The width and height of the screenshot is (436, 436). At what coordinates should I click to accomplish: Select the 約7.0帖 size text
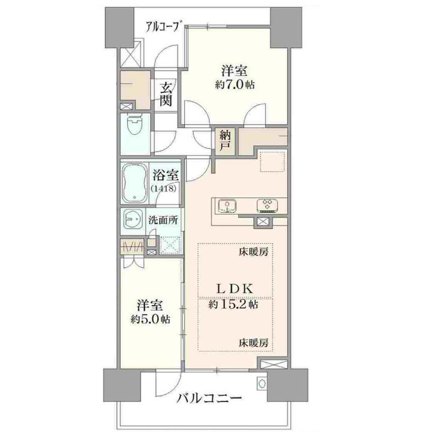[x=235, y=85]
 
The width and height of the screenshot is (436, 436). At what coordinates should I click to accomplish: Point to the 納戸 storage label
[x=225, y=141]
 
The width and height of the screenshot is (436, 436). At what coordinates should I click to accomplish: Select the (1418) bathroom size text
[x=163, y=189]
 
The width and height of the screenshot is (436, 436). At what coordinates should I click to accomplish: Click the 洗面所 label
[x=163, y=220]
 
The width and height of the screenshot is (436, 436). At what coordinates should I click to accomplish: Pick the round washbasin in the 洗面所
[x=132, y=220]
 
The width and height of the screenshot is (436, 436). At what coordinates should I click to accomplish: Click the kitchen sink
[x=227, y=206]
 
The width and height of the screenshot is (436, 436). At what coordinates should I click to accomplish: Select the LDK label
[x=235, y=289]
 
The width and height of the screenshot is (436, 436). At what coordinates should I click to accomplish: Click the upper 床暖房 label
[x=253, y=252]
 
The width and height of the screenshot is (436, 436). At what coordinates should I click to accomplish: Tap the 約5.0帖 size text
[x=150, y=319]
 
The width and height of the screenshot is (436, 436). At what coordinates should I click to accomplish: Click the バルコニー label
[x=209, y=399]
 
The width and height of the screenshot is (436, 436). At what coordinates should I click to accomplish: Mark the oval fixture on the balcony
[x=261, y=384]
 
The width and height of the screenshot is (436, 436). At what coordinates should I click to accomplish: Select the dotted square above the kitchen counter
[x=272, y=161]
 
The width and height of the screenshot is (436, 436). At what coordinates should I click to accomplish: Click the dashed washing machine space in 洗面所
[x=170, y=245]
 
